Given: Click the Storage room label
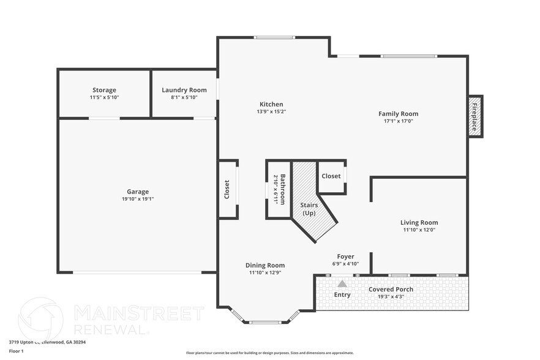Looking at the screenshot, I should (104, 90).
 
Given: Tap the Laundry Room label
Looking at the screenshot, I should (184, 90).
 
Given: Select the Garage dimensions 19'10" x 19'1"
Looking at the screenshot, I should (138, 199).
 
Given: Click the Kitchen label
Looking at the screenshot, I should (271, 104).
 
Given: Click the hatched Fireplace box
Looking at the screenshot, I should (474, 116).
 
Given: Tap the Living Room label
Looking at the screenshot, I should (419, 222).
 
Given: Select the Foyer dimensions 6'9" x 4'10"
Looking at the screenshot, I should (345, 264).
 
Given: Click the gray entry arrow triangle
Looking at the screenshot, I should (342, 283).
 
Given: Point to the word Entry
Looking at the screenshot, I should (342, 294).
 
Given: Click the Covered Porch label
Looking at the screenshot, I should (391, 289).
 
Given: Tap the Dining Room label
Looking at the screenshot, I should (265, 265).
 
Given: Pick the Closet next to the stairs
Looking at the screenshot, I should (331, 176).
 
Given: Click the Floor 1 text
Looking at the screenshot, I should (16, 351).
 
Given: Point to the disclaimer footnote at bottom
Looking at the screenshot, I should (270, 353).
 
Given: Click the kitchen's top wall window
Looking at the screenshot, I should (274, 37).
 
